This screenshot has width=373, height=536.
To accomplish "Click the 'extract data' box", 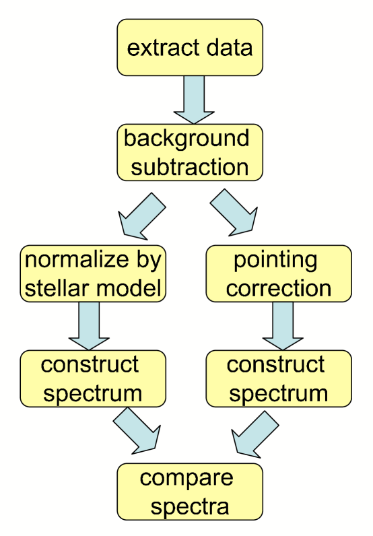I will pyautogui.click(x=190, y=47).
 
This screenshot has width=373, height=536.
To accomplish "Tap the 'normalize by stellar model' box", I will pyautogui.click(x=94, y=273).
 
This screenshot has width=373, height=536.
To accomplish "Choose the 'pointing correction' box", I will pyautogui.click(x=279, y=273).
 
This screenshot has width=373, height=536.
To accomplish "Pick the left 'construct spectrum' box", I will pyautogui.click(x=94, y=378).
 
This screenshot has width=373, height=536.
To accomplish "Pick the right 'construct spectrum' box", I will pyautogui.click(x=279, y=378).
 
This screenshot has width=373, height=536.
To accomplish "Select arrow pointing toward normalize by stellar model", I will pyautogui.click(x=141, y=215).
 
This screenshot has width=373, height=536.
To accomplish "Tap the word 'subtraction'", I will pyautogui.click(x=190, y=166).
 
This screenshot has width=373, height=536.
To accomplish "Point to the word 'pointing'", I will pyautogui.click(x=275, y=259).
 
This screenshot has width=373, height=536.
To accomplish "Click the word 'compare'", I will pyautogui.click(x=186, y=478).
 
